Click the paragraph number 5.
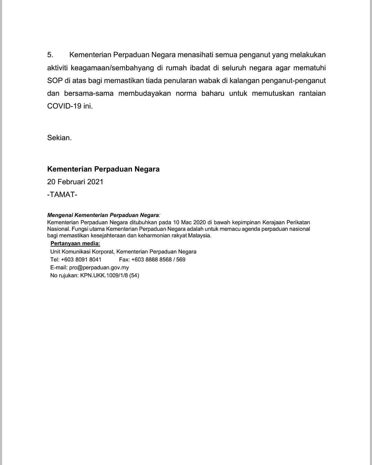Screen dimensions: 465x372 (x=50, y=55)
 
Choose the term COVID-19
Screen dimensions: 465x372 (x=64, y=106)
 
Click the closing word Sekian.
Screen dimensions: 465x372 (x=59, y=138)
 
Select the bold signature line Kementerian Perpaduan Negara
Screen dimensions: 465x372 (x=103, y=169)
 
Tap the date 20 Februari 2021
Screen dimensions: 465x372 (x=75, y=182)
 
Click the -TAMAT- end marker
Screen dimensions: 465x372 (x=62, y=195)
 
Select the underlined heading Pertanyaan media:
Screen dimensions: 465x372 (x=75, y=244)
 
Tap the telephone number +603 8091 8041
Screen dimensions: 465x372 (x=81, y=260)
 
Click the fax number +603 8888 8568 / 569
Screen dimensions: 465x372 (x=158, y=260)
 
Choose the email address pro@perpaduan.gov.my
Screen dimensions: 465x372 (x=99, y=268)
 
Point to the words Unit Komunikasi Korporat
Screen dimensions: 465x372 (x=82, y=252)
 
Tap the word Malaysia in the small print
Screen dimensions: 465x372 (x=199, y=236)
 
